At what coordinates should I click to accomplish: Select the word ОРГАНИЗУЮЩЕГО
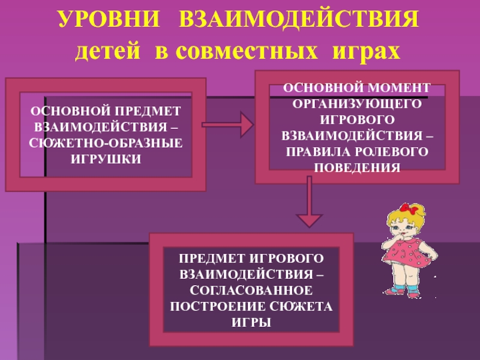click(x=357, y=103)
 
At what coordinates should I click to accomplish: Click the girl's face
click(x=400, y=229)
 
